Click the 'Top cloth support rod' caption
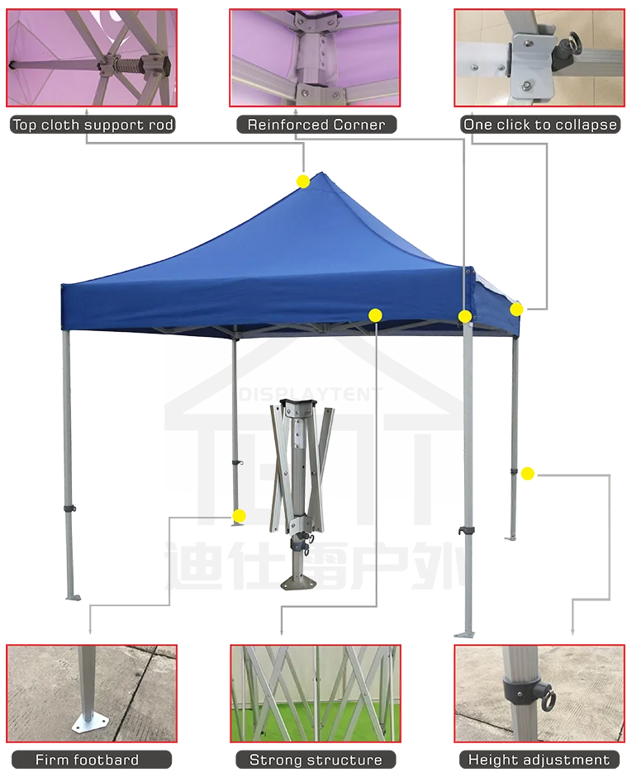pyautogui.click(x=93, y=126)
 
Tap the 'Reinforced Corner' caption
pyautogui.click(x=316, y=126)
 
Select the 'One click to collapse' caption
pyautogui.click(x=539, y=126)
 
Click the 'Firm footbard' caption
pyautogui.click(x=87, y=760)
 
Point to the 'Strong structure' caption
pyautogui.click(x=316, y=760)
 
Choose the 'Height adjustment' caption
pyautogui.click(x=539, y=760)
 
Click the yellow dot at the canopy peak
pyautogui.click(x=303, y=180)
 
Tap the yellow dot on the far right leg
pyautogui.click(x=527, y=473)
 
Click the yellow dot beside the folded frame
pyautogui.click(x=239, y=517)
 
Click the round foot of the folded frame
pyautogui.click(x=298, y=584)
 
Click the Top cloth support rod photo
pyautogui.click(x=92, y=57)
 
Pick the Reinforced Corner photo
pyautogui.click(x=316, y=57)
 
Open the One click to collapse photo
pyautogui.click(x=539, y=57)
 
